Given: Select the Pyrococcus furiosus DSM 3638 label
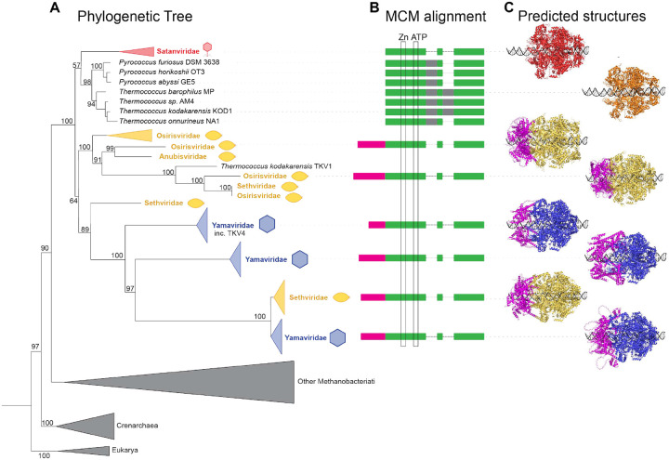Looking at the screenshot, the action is [169, 62].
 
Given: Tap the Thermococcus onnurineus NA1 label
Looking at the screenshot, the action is [169, 121].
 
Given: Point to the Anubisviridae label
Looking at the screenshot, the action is [183, 157].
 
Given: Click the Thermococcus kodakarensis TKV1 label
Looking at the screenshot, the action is [276, 166].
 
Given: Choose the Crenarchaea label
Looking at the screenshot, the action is [137, 426].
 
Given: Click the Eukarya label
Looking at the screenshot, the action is [125, 450].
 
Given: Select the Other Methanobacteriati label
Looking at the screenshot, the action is [336, 382].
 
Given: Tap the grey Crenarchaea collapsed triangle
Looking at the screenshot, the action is [85, 426].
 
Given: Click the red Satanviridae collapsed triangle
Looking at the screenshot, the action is [136, 52].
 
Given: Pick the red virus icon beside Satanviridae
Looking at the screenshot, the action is [207, 49].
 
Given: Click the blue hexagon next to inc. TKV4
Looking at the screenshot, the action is [268, 224].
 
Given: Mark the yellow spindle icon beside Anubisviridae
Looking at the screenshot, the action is [227, 157].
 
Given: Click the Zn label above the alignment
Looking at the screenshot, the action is [403, 37].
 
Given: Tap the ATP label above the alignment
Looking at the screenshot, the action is [418, 37].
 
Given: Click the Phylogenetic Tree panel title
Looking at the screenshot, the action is [135, 17].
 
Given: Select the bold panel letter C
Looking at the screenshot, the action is [508, 7].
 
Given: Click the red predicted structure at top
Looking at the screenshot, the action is [555, 51].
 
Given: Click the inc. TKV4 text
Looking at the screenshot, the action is [230, 233].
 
